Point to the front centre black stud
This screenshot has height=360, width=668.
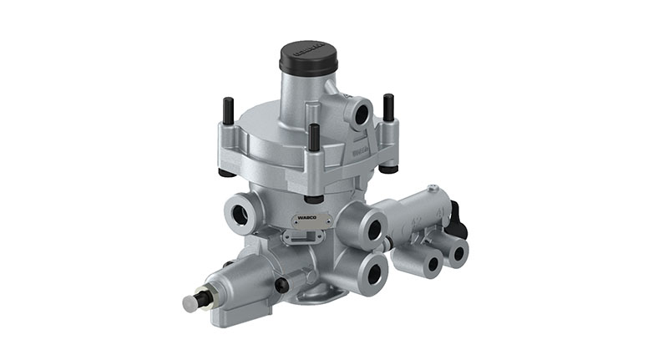click(x=313, y=138)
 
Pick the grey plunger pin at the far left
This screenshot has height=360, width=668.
click(x=191, y=302)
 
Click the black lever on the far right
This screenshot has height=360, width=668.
click(x=458, y=219)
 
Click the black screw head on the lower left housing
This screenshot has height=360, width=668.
click(x=281, y=285)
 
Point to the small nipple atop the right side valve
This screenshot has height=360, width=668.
click(x=432, y=190)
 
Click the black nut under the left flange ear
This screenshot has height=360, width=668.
click(x=226, y=172)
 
